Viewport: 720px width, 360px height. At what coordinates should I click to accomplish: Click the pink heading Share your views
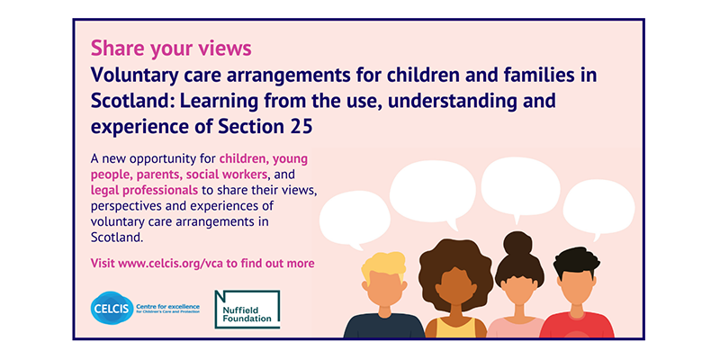click(171, 49)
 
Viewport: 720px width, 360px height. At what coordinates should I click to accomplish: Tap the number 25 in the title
click(301, 127)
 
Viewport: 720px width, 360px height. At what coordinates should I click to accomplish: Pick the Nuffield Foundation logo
click(247, 309)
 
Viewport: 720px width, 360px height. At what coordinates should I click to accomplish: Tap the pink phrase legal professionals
click(145, 190)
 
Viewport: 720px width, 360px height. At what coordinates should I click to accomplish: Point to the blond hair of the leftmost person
click(384, 266)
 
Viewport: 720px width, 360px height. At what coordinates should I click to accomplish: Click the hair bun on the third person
click(517, 243)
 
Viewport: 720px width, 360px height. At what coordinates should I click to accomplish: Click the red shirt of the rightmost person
click(577, 326)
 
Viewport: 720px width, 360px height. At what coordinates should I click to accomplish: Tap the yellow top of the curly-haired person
click(456, 328)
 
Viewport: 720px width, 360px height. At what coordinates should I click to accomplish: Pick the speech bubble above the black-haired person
click(598, 208)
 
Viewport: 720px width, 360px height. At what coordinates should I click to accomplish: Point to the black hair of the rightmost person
click(576, 261)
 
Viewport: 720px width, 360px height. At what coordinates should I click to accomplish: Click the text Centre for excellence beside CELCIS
click(168, 306)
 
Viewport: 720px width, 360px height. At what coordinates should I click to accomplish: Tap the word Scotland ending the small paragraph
click(118, 238)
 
